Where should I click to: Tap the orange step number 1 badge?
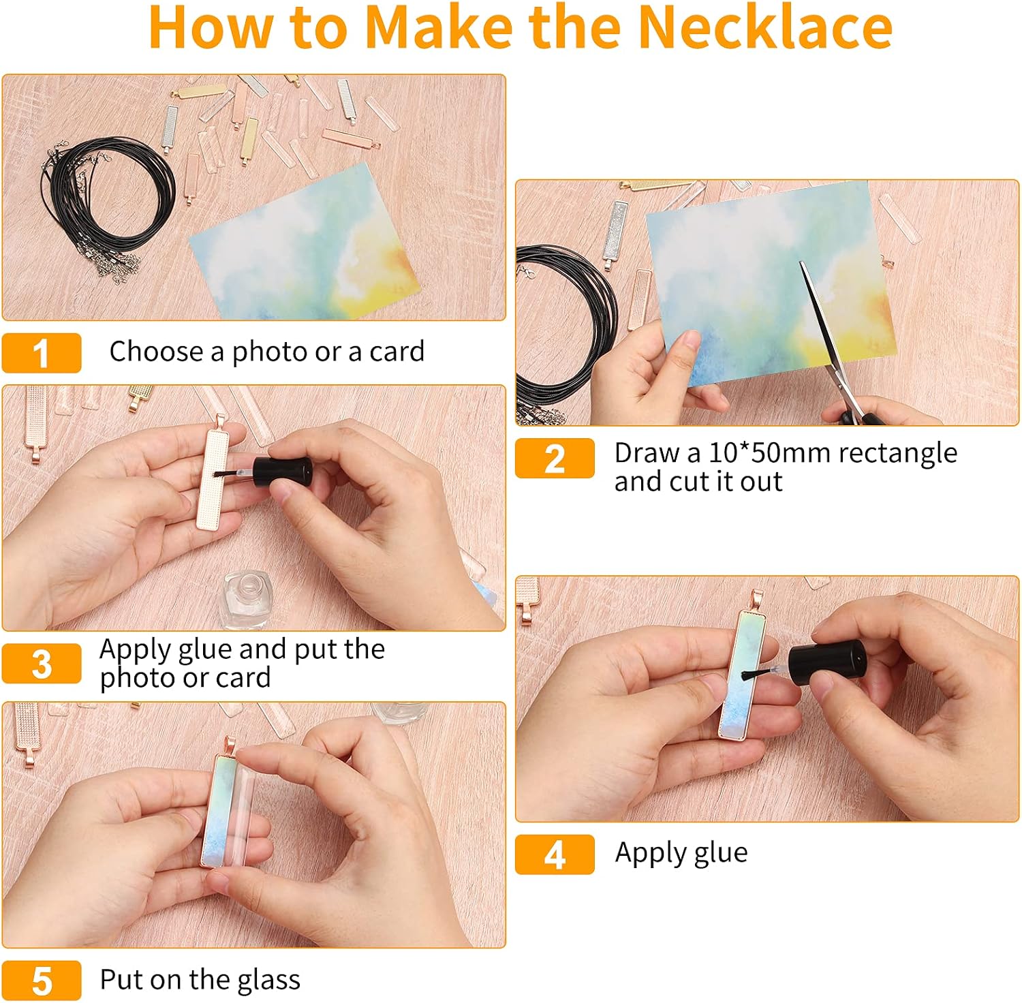pyautogui.click(x=42, y=353)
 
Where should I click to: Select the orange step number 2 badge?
pyautogui.click(x=555, y=458)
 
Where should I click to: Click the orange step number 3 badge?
pyautogui.click(x=42, y=664)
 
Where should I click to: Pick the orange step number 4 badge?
pyautogui.click(x=555, y=854)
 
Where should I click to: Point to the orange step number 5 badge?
pyautogui.click(x=42, y=981)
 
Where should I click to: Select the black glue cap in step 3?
pyautogui.click(x=282, y=472)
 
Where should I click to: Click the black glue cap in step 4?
pyautogui.click(x=827, y=662)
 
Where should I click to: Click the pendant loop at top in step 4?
pyautogui.click(x=756, y=600)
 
